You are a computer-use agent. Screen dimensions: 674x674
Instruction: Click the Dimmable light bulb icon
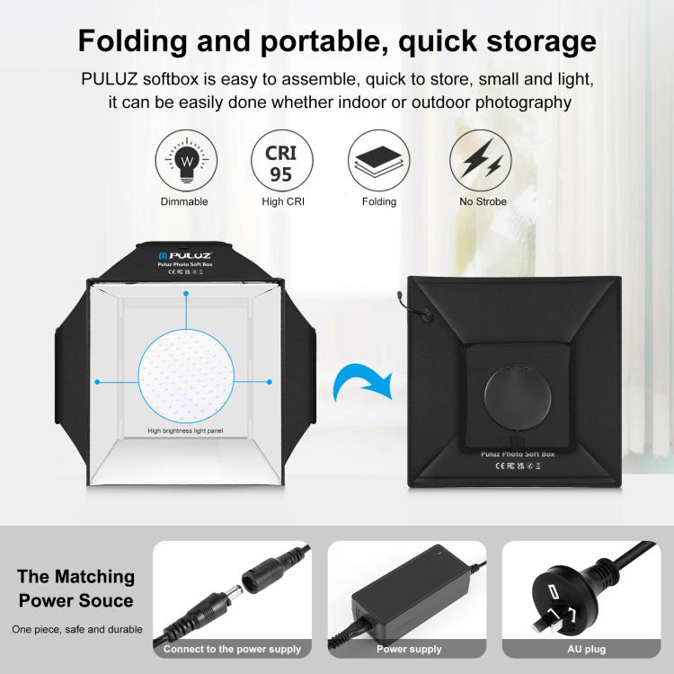pos(188,160)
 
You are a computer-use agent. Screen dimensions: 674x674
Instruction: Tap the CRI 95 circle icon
pos(281,160)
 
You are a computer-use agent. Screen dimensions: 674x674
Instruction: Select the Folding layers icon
pos(378,160)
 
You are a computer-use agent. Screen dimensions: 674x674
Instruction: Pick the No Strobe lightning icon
pos(482,160)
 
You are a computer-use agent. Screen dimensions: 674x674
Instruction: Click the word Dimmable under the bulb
pos(184,201)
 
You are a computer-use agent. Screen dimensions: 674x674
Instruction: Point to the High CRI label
pos(283,201)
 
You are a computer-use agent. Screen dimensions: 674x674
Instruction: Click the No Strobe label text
pos(483,201)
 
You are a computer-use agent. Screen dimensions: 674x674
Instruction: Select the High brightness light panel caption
pos(185,431)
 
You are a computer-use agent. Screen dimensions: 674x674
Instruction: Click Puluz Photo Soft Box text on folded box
pos(512,455)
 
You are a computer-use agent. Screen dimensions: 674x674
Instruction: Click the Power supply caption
pos(409,649)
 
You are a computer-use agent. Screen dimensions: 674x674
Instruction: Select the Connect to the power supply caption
pos(232,649)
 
